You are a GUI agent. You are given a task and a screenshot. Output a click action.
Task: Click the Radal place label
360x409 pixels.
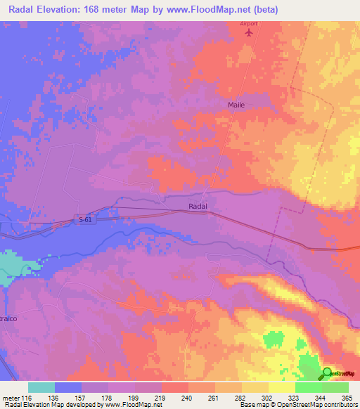(x=198, y=206)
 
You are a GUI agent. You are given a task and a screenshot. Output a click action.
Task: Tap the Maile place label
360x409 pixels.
(x=236, y=105)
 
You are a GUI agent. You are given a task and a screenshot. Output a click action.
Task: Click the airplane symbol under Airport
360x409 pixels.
(x=247, y=32)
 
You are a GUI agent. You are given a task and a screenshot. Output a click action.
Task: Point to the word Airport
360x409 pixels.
(x=249, y=22)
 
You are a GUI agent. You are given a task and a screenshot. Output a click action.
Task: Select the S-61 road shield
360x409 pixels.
(x=85, y=220)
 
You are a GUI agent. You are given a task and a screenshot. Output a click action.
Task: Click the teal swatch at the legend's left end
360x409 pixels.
(x=41, y=387)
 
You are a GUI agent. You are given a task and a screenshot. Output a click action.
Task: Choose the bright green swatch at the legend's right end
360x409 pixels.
(x=335, y=387)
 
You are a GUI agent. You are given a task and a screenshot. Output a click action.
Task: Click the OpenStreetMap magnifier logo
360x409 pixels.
(x=328, y=373)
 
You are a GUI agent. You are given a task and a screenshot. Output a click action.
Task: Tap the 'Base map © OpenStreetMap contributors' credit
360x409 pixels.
(x=297, y=405)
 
